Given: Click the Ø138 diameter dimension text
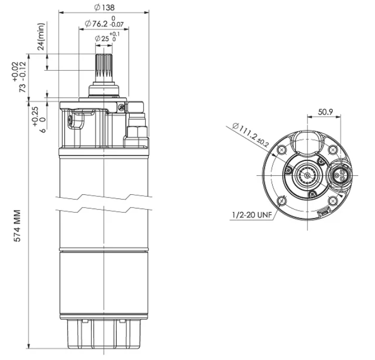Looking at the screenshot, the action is (x=104, y=7).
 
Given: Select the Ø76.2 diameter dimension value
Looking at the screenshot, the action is (x=96, y=24).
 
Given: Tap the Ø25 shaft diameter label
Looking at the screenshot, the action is (x=102, y=39).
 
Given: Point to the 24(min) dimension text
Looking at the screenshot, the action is (x=41, y=36).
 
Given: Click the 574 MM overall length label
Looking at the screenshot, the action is (x=17, y=226).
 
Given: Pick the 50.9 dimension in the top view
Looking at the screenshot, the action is (x=325, y=112).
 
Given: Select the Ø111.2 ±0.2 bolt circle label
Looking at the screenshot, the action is (x=251, y=135).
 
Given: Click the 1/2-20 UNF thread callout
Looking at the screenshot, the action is (x=252, y=215).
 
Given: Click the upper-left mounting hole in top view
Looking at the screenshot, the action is (x=282, y=150).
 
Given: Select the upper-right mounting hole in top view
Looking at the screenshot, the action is (x=333, y=150).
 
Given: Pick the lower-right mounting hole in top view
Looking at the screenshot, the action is (x=333, y=201).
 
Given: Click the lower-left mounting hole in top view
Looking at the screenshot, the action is (x=282, y=201).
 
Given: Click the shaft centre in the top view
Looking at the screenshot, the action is (x=307, y=175).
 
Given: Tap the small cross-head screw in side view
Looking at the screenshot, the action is (x=122, y=108).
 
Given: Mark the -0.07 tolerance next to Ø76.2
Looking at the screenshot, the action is (x=117, y=24).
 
